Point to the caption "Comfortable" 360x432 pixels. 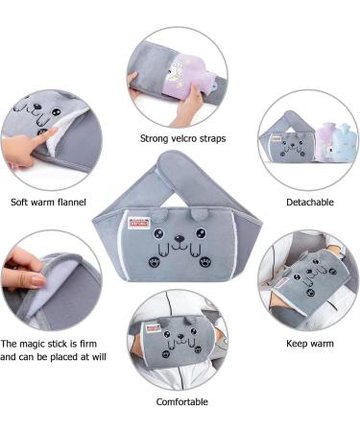[181, 402]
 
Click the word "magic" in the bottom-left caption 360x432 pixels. [46, 343]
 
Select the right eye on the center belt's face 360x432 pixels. [200, 232]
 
